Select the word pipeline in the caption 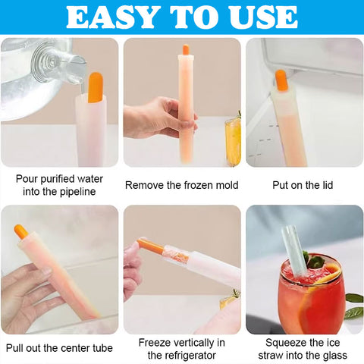click(77, 192)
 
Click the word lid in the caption click(326, 185)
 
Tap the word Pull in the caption click(14, 348)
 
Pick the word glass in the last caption click(335, 356)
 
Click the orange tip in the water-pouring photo click(96, 87)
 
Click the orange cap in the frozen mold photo click(186, 49)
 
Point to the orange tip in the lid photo click(281, 80)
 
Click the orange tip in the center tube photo click(21, 232)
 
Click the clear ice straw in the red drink click(294, 251)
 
